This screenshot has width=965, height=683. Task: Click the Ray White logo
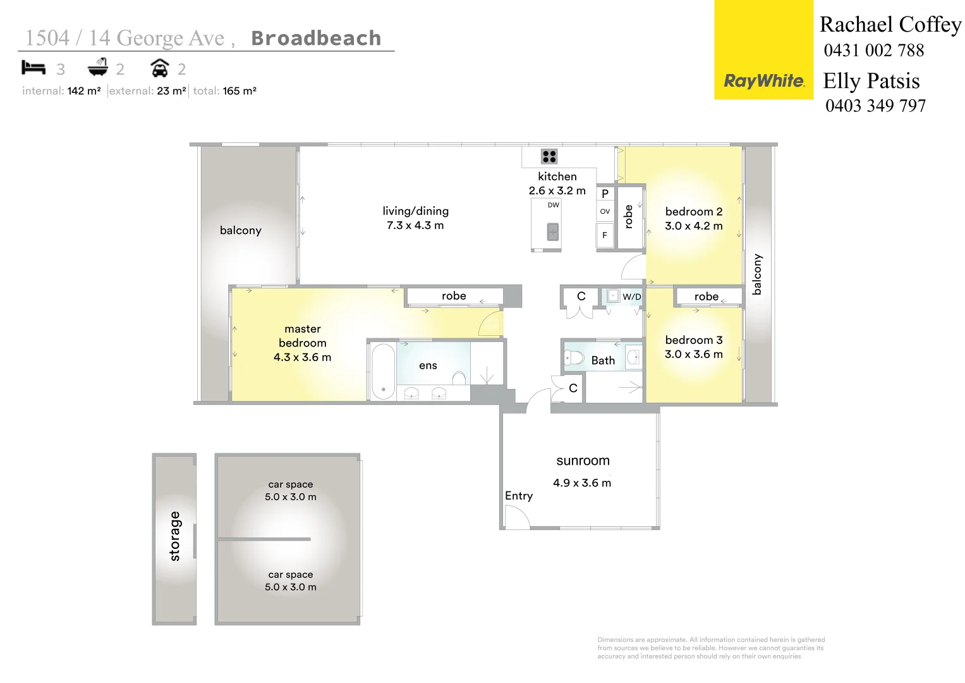coord(763,81)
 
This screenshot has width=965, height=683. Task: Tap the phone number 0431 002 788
coord(873,51)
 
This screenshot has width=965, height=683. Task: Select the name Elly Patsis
coord(871,81)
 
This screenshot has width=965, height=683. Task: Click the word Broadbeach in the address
coord(316,39)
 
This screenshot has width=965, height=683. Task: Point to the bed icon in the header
coord(33,68)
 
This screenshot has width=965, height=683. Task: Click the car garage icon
coord(160,68)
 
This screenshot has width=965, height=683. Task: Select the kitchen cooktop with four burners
coord(549,156)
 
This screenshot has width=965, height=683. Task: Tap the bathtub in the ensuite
coord(383,371)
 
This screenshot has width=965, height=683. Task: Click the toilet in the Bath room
coord(574,359)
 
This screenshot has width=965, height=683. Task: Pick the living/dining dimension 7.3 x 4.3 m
coord(415,226)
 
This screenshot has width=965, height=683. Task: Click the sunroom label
coord(583,461)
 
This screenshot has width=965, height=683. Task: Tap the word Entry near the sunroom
coord(518,496)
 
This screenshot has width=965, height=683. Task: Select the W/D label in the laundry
coord(631,297)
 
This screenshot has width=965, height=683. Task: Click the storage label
coord(175,536)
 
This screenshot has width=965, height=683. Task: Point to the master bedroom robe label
coord(454,296)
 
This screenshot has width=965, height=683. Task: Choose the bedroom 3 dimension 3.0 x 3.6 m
coord(693,355)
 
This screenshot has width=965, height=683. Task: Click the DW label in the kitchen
coord(553,205)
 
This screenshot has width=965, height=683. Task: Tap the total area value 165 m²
coord(240,91)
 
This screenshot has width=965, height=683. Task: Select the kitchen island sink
coord(552,232)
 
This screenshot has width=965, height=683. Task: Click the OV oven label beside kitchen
coord(605,212)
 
